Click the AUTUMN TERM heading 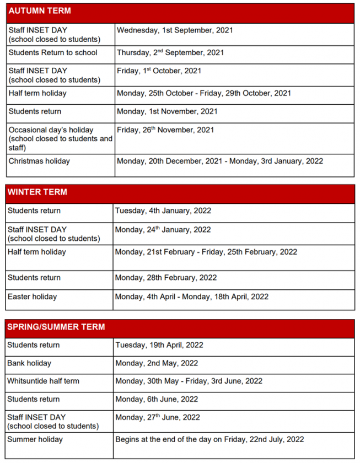(x=39, y=11)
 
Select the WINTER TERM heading (x=37, y=192)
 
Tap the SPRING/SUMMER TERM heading (x=56, y=327)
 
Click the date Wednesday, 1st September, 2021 (x=175, y=30)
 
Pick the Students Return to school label (x=53, y=53)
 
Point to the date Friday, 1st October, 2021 (x=159, y=71)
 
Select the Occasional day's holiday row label (x=51, y=130)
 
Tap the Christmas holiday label (x=39, y=161)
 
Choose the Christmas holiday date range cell (x=219, y=161)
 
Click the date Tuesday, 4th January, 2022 (x=163, y=211)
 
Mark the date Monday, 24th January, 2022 (x=163, y=230)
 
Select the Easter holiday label (x=32, y=297)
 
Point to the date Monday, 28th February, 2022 (x=166, y=278)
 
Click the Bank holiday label (x=29, y=364)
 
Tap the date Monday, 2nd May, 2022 (x=157, y=364)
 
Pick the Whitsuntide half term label (x=43, y=381)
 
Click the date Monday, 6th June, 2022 (x=157, y=399)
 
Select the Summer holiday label (x=35, y=440)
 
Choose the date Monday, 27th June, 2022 (x=158, y=418)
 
